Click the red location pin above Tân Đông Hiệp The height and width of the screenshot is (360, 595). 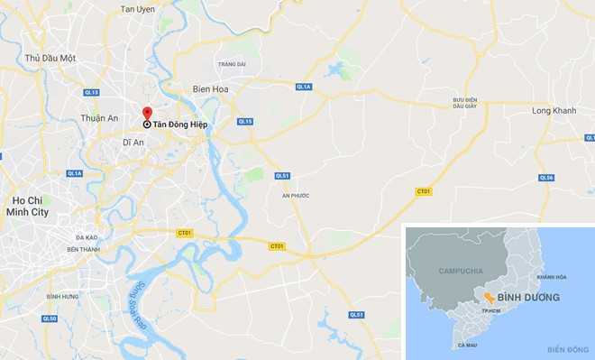point(147,113)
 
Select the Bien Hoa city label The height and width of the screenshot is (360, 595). point(213,88)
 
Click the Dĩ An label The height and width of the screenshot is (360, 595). point(133,143)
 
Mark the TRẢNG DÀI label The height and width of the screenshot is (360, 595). point(231,64)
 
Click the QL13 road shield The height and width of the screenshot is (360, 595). point(91,92)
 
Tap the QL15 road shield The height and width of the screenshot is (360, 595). point(245,121)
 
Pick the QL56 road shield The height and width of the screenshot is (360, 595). point(546,178)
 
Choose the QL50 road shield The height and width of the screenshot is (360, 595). point(49,318)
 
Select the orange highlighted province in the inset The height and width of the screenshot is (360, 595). point(487,297)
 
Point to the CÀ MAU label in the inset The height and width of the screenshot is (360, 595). point(466,345)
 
